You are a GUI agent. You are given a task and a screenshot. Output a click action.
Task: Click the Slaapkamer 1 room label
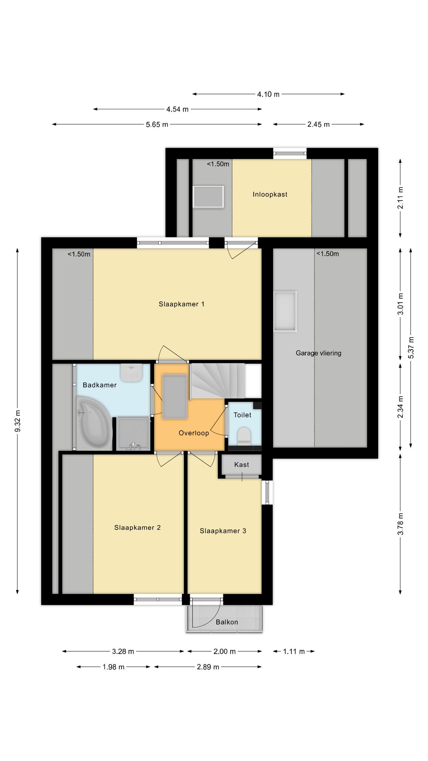point(182,304)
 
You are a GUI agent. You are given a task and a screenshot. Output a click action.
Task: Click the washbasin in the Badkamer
point(131,373)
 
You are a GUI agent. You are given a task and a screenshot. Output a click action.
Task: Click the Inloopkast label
point(270,194)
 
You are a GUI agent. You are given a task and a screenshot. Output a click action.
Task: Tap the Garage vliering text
point(318,353)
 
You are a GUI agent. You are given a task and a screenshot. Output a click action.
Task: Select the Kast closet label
point(241,465)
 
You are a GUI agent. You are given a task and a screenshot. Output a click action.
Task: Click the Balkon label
point(227,622)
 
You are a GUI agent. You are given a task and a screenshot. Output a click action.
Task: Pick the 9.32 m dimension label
point(17,421)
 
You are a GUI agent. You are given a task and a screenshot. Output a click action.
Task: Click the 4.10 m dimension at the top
point(268,94)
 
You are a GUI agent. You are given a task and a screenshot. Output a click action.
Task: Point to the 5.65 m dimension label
point(157,124)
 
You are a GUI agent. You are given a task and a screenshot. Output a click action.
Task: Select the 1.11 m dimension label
point(294,651)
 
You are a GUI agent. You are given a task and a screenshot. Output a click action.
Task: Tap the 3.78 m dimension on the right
point(401,524)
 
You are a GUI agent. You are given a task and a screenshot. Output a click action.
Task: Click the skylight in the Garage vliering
point(285,311)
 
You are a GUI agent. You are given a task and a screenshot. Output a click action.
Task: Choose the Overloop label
point(193,433)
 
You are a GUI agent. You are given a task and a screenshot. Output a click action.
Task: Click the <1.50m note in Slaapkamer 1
point(79,254)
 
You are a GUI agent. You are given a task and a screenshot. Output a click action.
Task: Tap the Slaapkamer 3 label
point(223,531)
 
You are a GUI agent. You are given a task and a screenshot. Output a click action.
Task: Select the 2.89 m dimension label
point(208,667)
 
